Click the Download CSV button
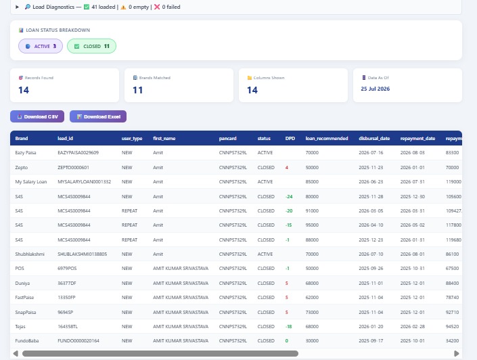tap(37, 116)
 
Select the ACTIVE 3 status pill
tap(41, 46)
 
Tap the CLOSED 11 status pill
tap(91, 46)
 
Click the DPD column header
tap(290, 139)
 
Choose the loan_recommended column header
tap(327, 139)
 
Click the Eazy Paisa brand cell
tap(26, 153)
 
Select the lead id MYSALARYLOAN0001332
tap(85, 181)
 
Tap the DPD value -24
tap(289, 197)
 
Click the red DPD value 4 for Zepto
tap(287, 168)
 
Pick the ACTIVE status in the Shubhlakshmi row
tap(265, 254)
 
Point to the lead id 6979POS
tap(67, 269)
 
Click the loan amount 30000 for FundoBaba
tap(312, 341)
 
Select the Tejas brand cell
tap(20, 327)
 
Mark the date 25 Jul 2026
tap(375, 89)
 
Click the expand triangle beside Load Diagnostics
tap(17, 7)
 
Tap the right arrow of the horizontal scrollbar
tap(456, 354)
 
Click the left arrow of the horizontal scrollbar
tap(16, 354)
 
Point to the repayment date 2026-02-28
tap(412, 327)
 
